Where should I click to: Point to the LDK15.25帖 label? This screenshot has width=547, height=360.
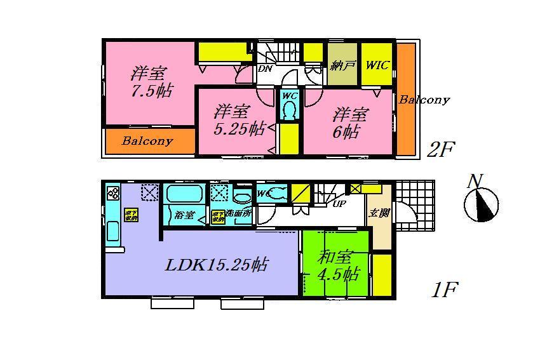pyautogui.click(x=216, y=265)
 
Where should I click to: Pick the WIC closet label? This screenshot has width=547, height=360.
pyautogui.click(x=377, y=65)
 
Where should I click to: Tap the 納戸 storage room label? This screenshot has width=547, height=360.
pyautogui.click(x=343, y=65)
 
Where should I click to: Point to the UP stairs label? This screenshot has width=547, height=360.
pyautogui.click(x=339, y=204)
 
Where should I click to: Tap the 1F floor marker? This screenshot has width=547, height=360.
pyautogui.click(x=443, y=290)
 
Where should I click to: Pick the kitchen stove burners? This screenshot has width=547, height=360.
pyautogui.click(x=113, y=193)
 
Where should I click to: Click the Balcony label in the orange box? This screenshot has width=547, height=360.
pyautogui.click(x=147, y=141)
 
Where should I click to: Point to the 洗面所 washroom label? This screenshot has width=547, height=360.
pyautogui.click(x=239, y=214)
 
